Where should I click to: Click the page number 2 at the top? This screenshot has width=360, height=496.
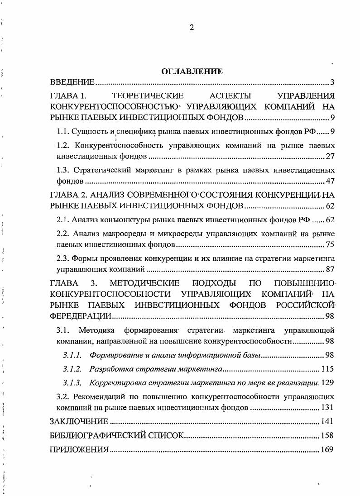coord(191,28)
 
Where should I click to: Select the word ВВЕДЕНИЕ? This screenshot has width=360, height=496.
coord(72,82)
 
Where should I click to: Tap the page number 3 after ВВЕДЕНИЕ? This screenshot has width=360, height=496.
coord(332,82)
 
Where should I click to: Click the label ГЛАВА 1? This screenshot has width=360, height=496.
coord(67,96)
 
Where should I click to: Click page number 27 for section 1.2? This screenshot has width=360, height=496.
coord(330,157)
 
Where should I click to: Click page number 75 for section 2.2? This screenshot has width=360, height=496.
coord(330,245)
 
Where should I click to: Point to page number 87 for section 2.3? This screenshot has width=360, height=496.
coord(330,270)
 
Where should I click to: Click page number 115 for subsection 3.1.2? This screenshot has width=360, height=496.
coord(327,368)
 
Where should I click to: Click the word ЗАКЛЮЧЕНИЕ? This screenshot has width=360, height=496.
coord(79,421)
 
